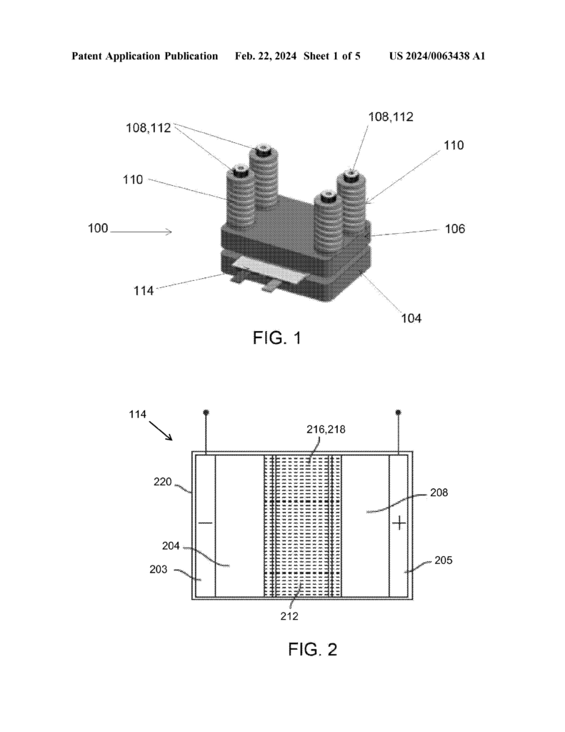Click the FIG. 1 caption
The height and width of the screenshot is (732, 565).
[x=277, y=337]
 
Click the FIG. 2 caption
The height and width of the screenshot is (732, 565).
[x=313, y=649]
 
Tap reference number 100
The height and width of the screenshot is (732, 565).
[x=98, y=228]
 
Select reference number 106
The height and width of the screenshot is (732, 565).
[x=455, y=229]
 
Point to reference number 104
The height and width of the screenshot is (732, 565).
[x=411, y=318]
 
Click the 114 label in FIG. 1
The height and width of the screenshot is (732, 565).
[x=144, y=291]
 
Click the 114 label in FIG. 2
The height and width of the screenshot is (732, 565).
[x=138, y=414]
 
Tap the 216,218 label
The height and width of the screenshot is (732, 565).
[x=326, y=430]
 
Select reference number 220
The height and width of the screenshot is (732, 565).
[x=163, y=482]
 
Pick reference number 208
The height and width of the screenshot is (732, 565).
[x=439, y=493]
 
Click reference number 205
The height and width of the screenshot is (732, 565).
[x=444, y=560]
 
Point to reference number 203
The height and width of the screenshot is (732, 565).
[x=159, y=570]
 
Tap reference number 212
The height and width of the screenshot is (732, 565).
[x=289, y=616]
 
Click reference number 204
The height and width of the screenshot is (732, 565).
[x=171, y=545]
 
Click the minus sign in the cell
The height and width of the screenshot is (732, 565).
[x=205, y=523]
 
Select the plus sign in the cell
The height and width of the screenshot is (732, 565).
[x=399, y=523]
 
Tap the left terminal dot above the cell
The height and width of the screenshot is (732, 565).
[x=206, y=412]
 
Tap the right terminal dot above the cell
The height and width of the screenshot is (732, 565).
[x=398, y=412]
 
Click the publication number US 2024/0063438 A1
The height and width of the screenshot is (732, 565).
[x=437, y=56]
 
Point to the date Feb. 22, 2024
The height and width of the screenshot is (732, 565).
[x=266, y=56]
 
